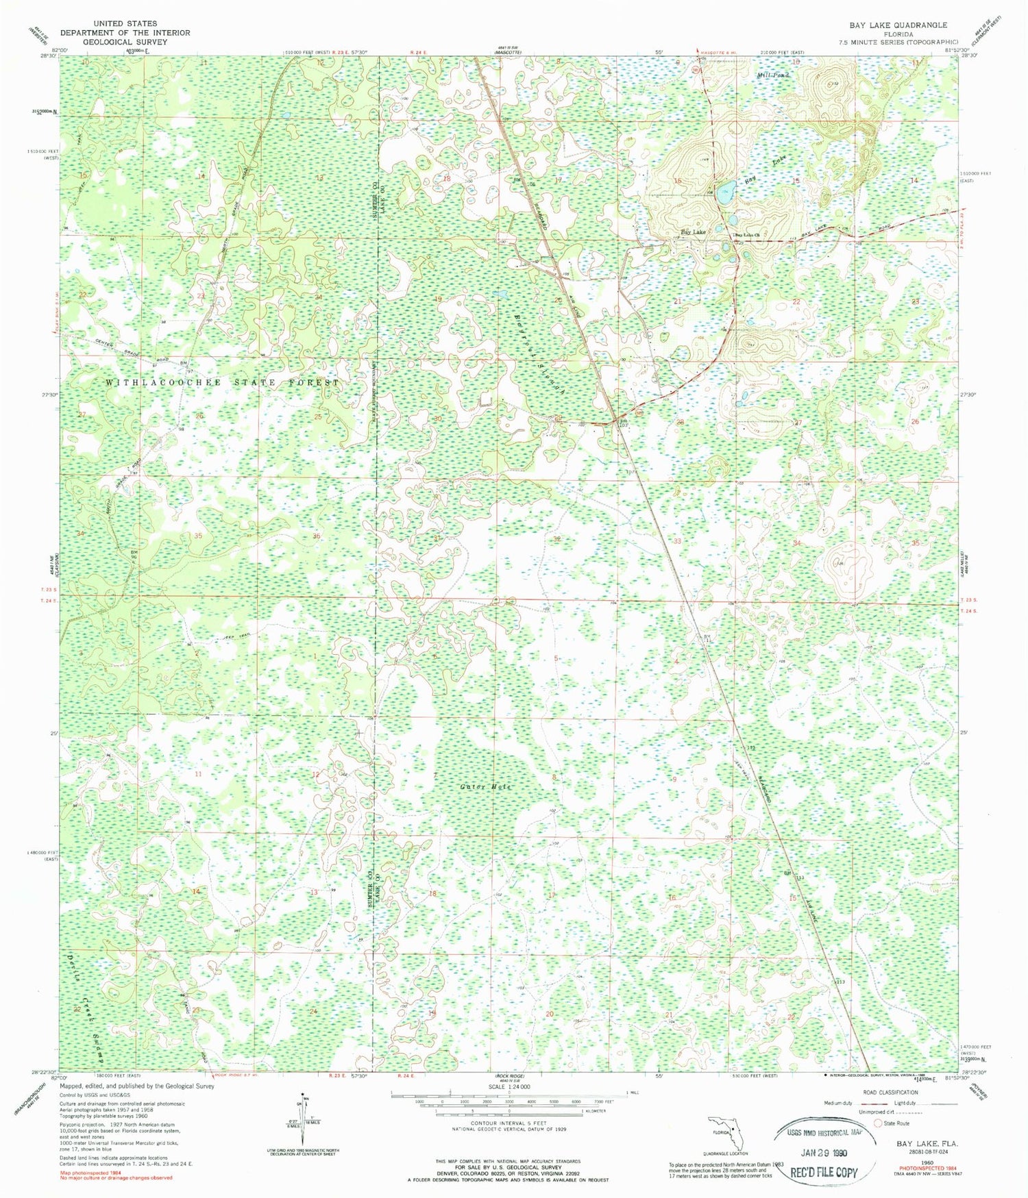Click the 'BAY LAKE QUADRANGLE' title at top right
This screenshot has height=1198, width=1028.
point(898,25)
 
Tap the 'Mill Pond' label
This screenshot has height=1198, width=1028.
point(773,75)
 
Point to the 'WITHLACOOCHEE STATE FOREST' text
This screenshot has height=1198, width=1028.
point(222,382)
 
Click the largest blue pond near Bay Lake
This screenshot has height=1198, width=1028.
point(723,189)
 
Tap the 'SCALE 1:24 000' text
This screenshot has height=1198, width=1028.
point(510,1087)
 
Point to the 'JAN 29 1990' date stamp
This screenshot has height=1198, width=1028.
point(824,1151)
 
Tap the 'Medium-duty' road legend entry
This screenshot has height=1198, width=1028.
point(840,1103)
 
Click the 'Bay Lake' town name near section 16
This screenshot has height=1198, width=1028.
point(693,232)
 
